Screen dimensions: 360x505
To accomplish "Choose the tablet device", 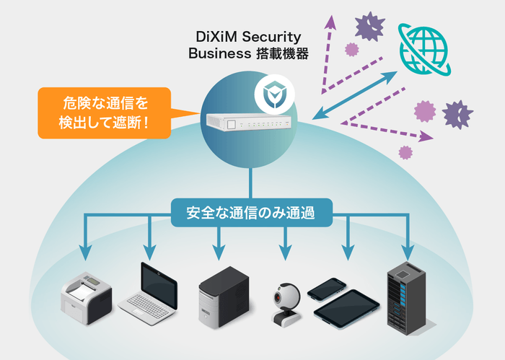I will pyautogui.click(x=346, y=307).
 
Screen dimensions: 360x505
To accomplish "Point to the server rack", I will pyautogui.click(x=408, y=297).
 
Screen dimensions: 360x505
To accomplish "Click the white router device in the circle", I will pyautogui.click(x=250, y=124).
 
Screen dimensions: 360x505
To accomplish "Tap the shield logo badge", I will pyautogui.click(x=271, y=95).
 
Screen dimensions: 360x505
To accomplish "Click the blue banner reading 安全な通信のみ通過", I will pyautogui.click(x=251, y=214).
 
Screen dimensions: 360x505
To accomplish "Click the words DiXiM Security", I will pyautogui.click(x=250, y=36).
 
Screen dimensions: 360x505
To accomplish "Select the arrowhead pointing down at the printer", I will pyautogui.click(x=86, y=254).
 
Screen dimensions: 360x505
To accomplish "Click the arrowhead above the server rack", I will pyautogui.click(x=408, y=254).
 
